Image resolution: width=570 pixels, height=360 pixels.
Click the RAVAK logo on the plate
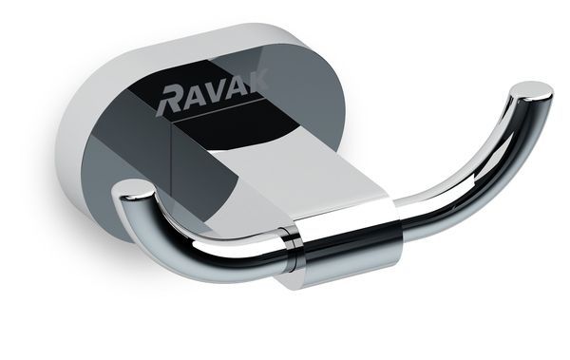point(215,95)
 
